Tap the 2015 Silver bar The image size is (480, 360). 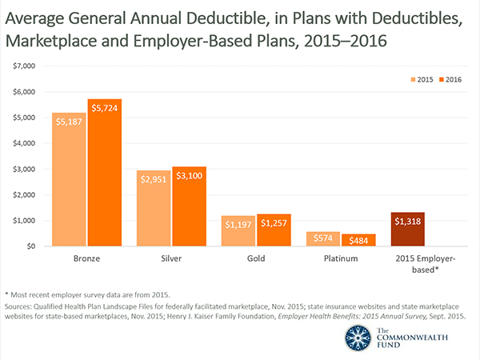[x=154, y=208]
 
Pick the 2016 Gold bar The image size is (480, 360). [x=274, y=230]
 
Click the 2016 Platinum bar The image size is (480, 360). [x=358, y=240]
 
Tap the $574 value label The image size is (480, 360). [x=323, y=240]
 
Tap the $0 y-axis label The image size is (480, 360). [x=31, y=246]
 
